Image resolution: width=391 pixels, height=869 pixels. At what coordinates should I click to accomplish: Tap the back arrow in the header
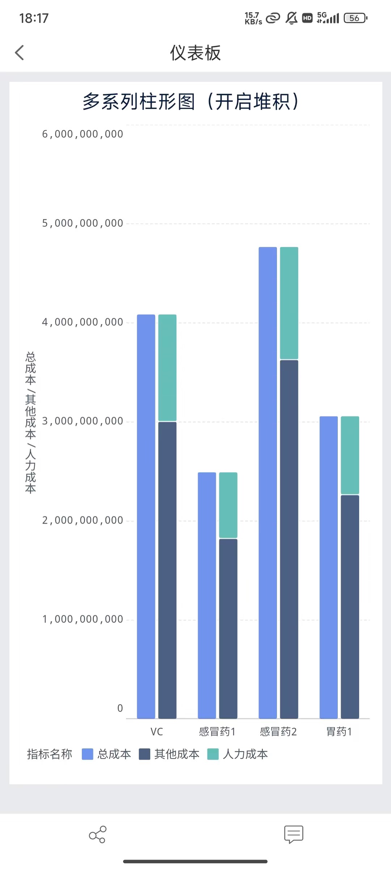point(20,53)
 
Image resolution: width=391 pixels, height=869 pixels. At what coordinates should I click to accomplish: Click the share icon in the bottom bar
point(97,835)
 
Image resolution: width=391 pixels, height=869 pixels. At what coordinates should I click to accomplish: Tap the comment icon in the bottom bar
point(294,834)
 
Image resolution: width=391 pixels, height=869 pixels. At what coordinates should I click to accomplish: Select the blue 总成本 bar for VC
point(146,516)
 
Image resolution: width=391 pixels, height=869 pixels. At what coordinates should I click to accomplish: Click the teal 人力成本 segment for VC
point(167,368)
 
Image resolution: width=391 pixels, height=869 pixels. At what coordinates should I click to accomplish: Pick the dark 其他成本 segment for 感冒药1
point(228,628)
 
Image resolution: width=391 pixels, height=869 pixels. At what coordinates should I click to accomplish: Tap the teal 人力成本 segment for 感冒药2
point(289,303)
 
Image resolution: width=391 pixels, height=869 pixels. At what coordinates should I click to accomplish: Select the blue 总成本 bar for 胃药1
point(328,567)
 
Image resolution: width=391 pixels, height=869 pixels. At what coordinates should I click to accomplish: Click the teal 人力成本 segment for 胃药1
point(350,455)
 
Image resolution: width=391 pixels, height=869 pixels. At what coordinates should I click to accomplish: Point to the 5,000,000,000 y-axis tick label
point(83,223)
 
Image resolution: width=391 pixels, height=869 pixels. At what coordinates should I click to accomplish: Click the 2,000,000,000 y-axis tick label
point(83,520)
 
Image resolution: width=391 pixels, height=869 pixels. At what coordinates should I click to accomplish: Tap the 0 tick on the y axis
point(120,708)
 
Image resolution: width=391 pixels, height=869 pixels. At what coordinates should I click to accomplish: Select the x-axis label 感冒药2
point(278,732)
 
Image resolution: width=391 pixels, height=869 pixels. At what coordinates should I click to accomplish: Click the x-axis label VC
point(157,732)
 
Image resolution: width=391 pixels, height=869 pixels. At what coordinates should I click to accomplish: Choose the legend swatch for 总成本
point(88,754)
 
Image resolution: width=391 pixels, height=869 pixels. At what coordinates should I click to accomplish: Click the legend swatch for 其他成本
point(144,754)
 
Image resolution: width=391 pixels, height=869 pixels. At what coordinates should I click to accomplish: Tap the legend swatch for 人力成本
point(213,754)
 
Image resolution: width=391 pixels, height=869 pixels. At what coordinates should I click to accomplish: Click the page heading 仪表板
point(195,53)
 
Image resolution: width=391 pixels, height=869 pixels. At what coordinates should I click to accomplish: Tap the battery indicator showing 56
point(355,18)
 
